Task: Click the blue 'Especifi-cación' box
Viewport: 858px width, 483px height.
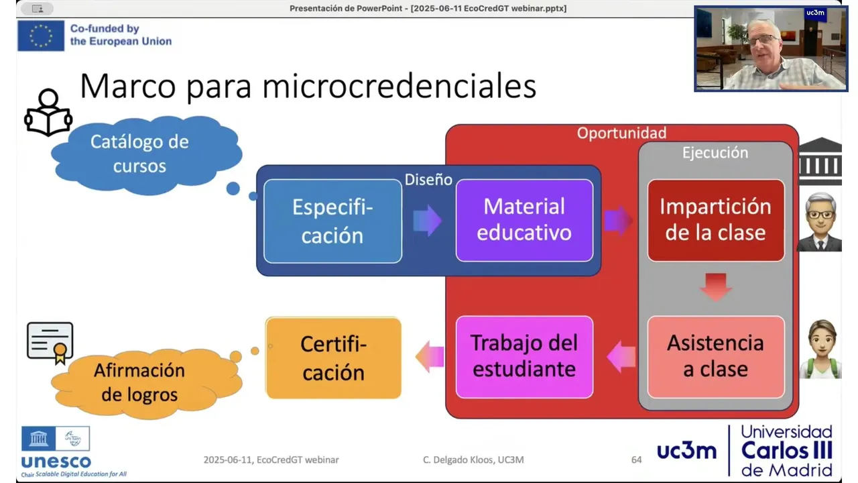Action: tap(332, 221)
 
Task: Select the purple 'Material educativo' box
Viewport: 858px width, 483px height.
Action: tap(524, 221)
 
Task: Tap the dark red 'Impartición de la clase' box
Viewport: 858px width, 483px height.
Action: tap(715, 221)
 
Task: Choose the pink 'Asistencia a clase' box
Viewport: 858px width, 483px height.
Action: tap(715, 357)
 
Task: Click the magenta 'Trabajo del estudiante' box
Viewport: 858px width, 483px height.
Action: tap(524, 357)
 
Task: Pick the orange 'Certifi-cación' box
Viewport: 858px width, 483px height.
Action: tap(333, 358)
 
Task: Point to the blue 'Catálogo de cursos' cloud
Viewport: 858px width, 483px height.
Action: tap(146, 154)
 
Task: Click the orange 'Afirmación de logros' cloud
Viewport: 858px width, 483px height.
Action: tap(146, 383)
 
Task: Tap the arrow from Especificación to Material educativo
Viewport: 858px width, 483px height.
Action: tap(428, 221)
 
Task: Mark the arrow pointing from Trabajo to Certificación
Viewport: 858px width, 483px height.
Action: tap(430, 357)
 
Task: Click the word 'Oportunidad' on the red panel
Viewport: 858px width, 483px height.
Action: tap(621, 133)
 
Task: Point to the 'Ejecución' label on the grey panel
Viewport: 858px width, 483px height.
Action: tap(715, 152)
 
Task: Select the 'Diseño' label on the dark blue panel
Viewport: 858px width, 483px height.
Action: tap(428, 179)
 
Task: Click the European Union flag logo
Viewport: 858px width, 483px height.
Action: tap(41, 36)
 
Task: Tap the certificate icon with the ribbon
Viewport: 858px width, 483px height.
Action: tap(50, 343)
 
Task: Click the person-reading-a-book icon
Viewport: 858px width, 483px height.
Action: tap(48, 112)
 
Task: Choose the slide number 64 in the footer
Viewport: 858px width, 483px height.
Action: tap(636, 460)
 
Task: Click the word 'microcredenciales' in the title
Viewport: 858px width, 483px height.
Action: tap(400, 87)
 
